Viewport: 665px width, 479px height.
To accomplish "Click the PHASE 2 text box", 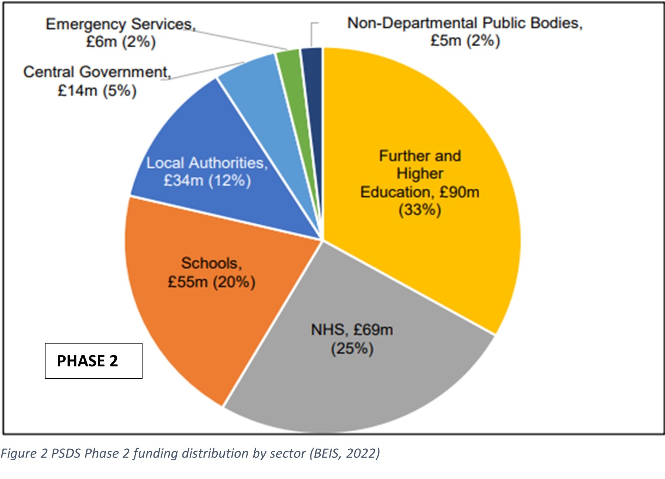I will [x=93, y=361].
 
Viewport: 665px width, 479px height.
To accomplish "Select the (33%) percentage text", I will [x=419, y=210].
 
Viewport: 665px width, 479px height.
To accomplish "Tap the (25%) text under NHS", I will [x=352, y=349].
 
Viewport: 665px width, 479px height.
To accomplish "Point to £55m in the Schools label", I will [x=188, y=282].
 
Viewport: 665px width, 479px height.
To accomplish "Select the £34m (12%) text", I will [x=207, y=181].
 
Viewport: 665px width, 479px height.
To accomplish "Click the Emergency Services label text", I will [x=120, y=24].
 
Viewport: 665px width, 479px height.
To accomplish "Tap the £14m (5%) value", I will [x=97, y=91].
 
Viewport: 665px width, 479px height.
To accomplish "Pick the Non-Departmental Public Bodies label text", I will [x=465, y=23].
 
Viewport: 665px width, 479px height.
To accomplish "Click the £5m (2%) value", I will [x=465, y=41].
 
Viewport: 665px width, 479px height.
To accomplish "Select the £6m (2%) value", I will [x=121, y=42].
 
